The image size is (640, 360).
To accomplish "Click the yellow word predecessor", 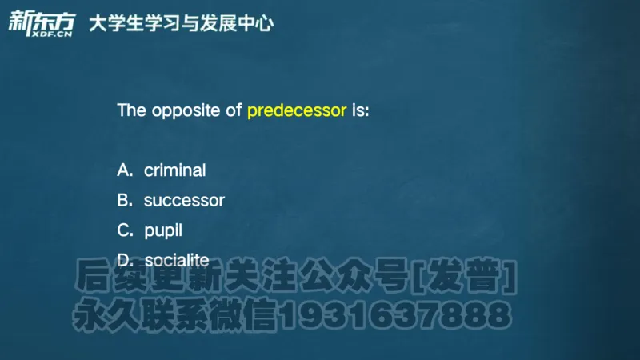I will [296, 110].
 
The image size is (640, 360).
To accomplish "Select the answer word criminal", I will [174, 170].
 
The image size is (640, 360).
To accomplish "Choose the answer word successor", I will [184, 201].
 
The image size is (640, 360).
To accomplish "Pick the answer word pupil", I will [163, 231].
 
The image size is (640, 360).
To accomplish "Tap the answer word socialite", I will [176, 260].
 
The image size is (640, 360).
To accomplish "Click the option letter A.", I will [124, 170].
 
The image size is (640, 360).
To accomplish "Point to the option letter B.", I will [124, 201].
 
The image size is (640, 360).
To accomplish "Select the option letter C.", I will [124, 231].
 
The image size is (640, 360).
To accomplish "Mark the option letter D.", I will [124, 260].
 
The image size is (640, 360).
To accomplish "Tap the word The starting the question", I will [131, 110].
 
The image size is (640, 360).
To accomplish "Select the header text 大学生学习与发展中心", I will [181, 23].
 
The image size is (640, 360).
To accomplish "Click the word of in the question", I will [234, 110].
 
